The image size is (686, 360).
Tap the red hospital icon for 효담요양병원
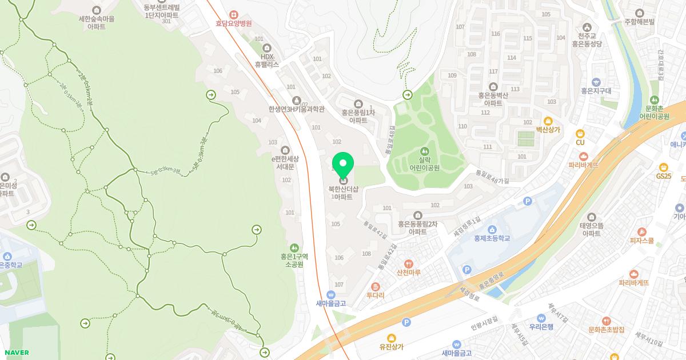tap(233, 14)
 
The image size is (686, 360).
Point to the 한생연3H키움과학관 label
tap(296, 109)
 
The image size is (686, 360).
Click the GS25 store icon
tap(664, 167)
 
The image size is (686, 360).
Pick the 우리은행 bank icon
tap(541, 318)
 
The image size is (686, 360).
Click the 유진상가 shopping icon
tap(391, 338)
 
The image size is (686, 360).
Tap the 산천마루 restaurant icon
tap(408, 263)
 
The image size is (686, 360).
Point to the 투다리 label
tap(375, 295)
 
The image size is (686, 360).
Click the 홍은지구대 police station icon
tap(596, 82)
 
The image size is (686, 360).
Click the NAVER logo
tap(16, 353)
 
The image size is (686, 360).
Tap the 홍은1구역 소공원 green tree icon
tap(295, 248)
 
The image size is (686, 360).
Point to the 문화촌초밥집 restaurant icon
tap(606, 321)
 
